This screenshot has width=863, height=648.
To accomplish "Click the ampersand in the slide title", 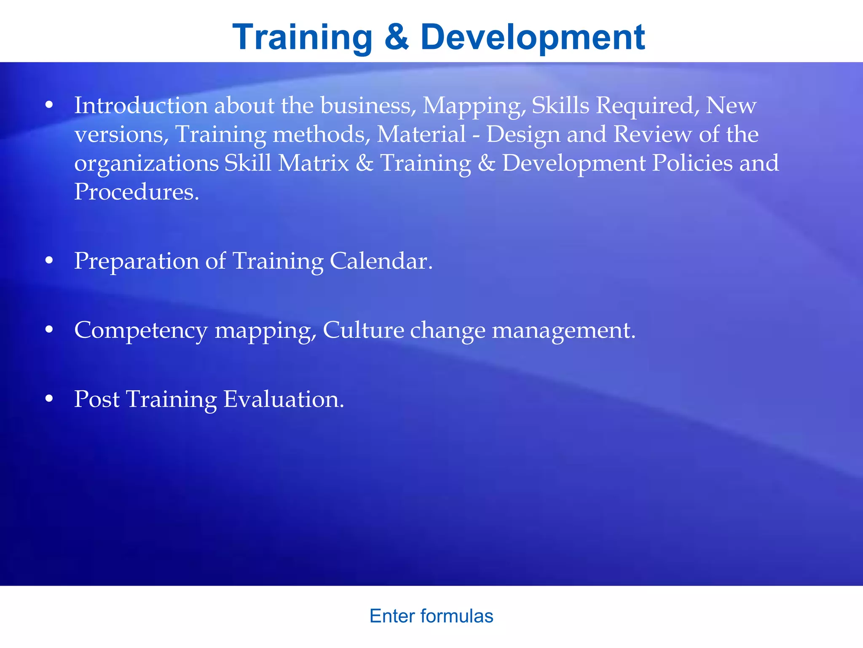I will (397, 37).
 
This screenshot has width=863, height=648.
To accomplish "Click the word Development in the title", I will (533, 37).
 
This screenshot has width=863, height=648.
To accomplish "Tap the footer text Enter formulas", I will (431, 616).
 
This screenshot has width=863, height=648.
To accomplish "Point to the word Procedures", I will (136, 192).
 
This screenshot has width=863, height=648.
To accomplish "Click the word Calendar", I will (381, 261).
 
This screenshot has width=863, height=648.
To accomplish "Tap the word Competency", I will (141, 330).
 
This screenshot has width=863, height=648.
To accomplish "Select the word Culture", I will (363, 330).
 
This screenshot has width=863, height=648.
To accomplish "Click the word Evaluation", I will (283, 399).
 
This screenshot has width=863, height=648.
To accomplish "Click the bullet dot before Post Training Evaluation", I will (49, 399).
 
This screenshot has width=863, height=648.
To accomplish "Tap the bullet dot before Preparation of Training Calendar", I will (49, 261).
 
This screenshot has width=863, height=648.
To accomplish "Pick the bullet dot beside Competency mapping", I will (49, 330).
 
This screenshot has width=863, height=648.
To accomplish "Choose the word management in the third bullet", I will (563, 330).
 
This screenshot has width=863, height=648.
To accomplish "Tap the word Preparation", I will (136, 261).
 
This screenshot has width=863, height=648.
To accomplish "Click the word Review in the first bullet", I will (652, 134).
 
